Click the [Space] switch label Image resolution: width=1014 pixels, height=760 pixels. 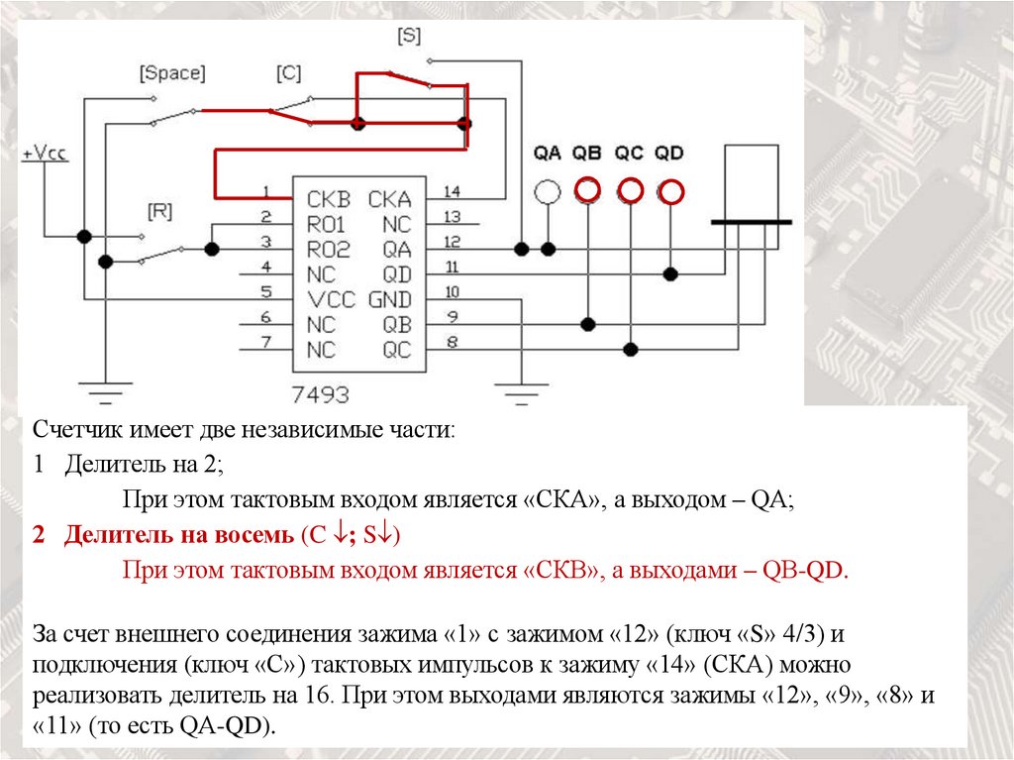(x=172, y=73)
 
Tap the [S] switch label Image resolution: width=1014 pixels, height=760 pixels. (x=408, y=36)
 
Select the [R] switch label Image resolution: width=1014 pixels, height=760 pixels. (x=160, y=210)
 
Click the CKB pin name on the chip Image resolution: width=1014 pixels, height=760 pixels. (x=329, y=196)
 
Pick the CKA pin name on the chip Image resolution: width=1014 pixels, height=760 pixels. (x=389, y=196)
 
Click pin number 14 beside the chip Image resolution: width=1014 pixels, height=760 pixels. (x=452, y=191)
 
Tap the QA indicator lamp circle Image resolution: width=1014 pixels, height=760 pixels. (x=547, y=191)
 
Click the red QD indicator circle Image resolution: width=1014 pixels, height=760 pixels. (x=671, y=191)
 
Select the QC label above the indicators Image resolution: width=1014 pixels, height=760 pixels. (x=629, y=154)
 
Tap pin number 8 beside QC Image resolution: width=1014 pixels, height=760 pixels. (x=452, y=343)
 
